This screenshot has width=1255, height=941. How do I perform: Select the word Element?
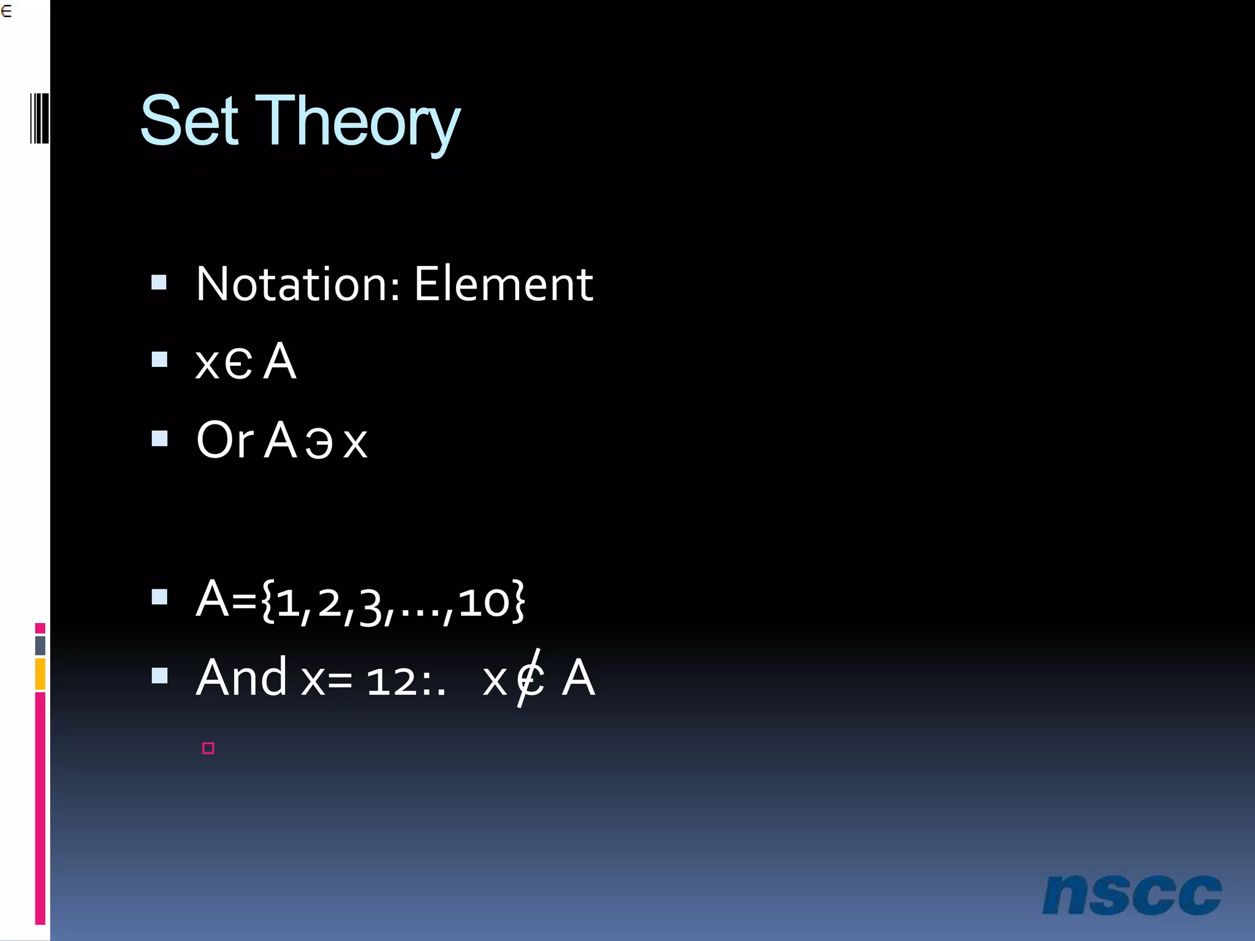click(503, 284)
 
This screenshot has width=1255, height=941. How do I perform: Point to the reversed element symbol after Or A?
click(319, 442)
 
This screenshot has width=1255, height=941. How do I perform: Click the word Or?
click(224, 440)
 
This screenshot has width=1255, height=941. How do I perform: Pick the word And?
click(241, 678)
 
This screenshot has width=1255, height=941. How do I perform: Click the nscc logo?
click(1131, 895)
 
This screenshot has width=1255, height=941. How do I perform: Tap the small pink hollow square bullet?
click(208, 748)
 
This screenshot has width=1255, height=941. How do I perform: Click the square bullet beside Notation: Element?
click(159, 282)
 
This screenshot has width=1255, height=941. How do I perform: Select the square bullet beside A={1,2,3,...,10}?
click(159, 597)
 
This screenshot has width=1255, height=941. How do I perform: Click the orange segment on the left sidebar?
click(40, 674)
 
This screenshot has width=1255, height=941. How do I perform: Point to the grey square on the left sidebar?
click(40, 645)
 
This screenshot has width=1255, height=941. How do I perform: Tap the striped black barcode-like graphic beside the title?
click(39, 118)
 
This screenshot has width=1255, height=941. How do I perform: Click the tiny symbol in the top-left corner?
click(6, 11)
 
